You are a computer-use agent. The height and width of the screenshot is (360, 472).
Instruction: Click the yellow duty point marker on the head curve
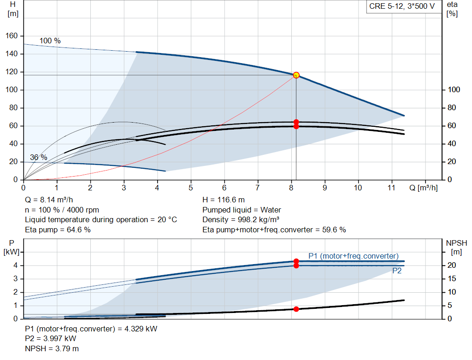pyautogui.click(x=296, y=75)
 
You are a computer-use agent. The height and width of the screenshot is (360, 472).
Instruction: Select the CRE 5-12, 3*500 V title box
pyautogui.click(x=401, y=6)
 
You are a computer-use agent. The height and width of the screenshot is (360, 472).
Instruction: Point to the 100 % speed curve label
pyautogui.click(x=50, y=41)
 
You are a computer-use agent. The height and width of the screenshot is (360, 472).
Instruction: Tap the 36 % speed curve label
pyautogui.click(x=39, y=157)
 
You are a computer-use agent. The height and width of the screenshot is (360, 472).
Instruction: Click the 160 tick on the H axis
pyautogui.click(x=12, y=36)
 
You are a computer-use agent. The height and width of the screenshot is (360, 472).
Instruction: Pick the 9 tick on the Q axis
pyautogui.click(x=325, y=188)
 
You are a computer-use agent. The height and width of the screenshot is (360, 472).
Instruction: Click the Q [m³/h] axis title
pyautogui.click(x=423, y=188)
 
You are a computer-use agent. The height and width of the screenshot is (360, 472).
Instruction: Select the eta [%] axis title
pyautogui.click(x=452, y=9)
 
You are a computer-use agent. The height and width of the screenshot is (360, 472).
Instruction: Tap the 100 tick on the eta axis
pyautogui.click(x=454, y=90)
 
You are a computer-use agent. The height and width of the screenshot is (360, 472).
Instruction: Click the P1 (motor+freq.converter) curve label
pyautogui.click(x=353, y=256)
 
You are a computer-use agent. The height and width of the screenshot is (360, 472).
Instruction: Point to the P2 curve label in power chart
pyautogui.click(x=397, y=271)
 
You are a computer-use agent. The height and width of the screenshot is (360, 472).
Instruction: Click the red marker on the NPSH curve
pyautogui.click(x=296, y=309)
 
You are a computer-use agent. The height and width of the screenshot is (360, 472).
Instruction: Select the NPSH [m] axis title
pyautogui.click(x=456, y=247)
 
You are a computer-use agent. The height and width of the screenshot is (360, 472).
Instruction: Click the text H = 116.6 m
pyautogui.click(x=224, y=200)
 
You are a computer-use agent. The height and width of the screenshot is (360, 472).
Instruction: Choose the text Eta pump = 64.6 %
pyautogui.click(x=58, y=230)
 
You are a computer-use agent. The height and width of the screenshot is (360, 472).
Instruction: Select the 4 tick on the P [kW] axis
pyautogui.click(x=16, y=265)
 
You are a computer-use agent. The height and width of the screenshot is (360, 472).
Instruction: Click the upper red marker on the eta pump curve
pyautogui.click(x=296, y=122)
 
